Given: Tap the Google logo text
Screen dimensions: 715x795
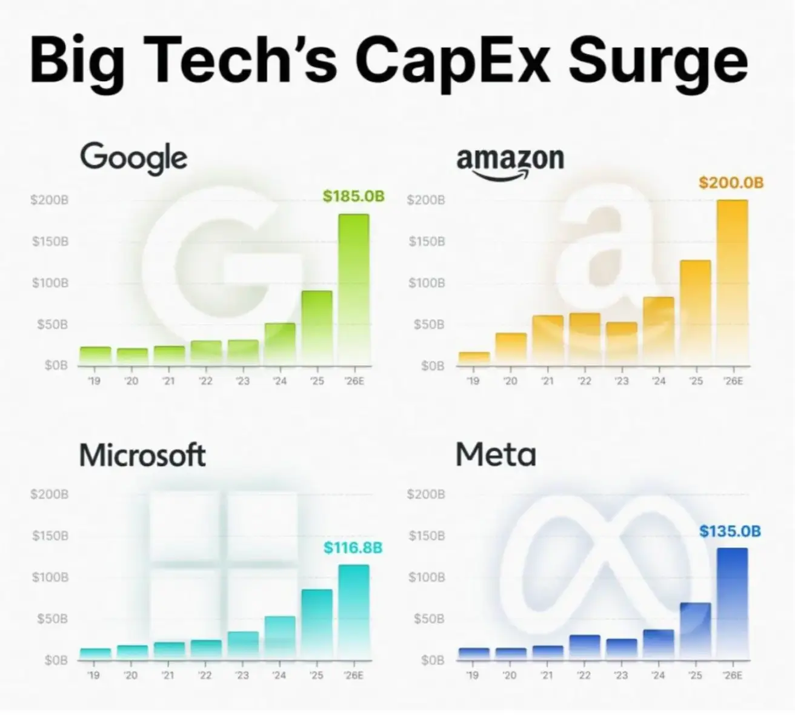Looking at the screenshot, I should click(133, 158).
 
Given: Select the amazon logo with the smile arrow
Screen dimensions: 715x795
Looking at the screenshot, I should click(510, 162).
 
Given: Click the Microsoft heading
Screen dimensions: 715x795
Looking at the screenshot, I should click(142, 455).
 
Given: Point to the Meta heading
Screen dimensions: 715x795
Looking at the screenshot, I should click(496, 454).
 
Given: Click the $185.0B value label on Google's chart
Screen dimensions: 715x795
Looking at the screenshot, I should click(354, 196).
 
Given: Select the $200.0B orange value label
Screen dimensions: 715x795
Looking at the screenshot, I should click(731, 182).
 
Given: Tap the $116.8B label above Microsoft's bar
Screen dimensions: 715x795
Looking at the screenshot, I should click(353, 548).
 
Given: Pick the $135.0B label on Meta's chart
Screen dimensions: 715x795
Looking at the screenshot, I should click(730, 531).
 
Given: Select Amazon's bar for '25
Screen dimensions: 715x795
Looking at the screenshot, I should click(695, 312).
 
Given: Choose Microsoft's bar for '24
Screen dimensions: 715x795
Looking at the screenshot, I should click(280, 637).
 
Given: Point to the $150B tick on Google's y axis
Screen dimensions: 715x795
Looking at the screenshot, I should click(50, 242).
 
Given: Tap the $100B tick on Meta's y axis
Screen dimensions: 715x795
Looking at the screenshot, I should click(427, 577).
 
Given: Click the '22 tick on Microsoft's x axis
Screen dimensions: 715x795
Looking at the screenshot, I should click(205, 675).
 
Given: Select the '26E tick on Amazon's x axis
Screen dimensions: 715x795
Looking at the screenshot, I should click(732, 381).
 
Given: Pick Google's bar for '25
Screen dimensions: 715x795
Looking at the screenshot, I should click(317, 328).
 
